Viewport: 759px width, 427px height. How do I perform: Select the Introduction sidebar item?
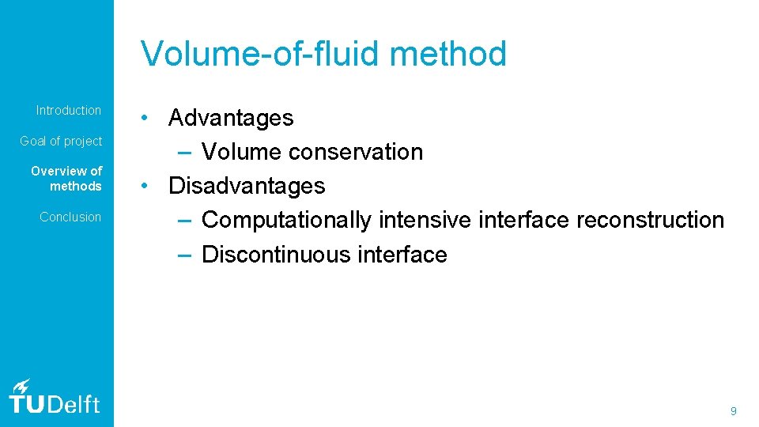pos(69,111)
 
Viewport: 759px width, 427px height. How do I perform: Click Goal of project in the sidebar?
pos(61,141)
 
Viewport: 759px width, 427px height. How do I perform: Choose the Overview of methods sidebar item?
pos(66,179)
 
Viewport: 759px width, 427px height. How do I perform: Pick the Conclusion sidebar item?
pos(70,217)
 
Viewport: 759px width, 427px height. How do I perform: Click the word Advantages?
pos(231,119)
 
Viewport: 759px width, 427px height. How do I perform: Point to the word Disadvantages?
pos(247,187)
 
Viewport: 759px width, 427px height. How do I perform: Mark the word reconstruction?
pos(650,221)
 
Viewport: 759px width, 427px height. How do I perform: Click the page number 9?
pos(734,411)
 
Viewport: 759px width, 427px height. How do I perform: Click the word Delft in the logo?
pos(76,405)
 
